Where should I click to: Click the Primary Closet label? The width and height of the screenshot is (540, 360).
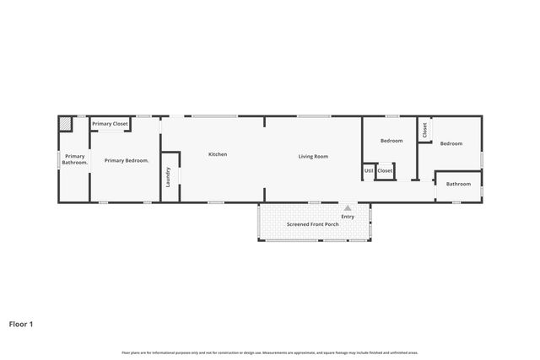110,124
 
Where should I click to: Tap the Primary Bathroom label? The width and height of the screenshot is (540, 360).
74,159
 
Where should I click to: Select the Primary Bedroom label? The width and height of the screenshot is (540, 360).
127,160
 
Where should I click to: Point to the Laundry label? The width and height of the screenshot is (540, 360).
169,177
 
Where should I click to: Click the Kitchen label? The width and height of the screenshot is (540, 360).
218,154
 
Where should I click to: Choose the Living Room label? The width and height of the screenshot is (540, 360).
313,156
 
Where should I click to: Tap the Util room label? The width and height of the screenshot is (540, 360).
369,171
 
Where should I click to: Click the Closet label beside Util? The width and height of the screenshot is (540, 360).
385,171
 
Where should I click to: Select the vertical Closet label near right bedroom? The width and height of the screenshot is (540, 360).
425,130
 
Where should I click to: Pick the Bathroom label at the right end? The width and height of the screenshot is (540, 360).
458,184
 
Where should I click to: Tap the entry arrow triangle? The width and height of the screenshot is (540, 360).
347,207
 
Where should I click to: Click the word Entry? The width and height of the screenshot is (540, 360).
348,217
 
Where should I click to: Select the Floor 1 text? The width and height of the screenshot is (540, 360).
21,323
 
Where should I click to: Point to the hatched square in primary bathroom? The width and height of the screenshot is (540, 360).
65,123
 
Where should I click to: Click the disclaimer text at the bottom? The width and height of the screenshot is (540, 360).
270,352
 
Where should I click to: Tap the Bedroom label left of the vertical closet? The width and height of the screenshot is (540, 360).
391,141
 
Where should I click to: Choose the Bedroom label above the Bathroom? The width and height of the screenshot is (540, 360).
451,143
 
